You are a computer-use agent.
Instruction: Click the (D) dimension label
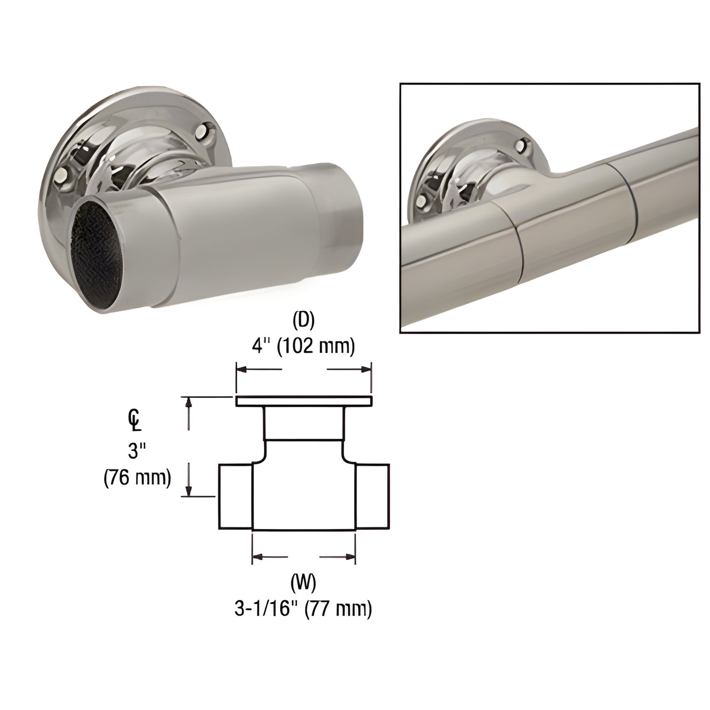point(303,320)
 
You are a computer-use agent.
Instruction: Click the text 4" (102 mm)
point(303,346)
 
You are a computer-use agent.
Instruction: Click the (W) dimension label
point(303,583)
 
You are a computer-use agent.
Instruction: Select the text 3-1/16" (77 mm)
point(303,609)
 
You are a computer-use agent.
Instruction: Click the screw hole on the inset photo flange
point(524,145)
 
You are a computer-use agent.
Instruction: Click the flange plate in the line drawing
point(303,401)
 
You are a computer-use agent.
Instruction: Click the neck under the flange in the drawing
point(303,423)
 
